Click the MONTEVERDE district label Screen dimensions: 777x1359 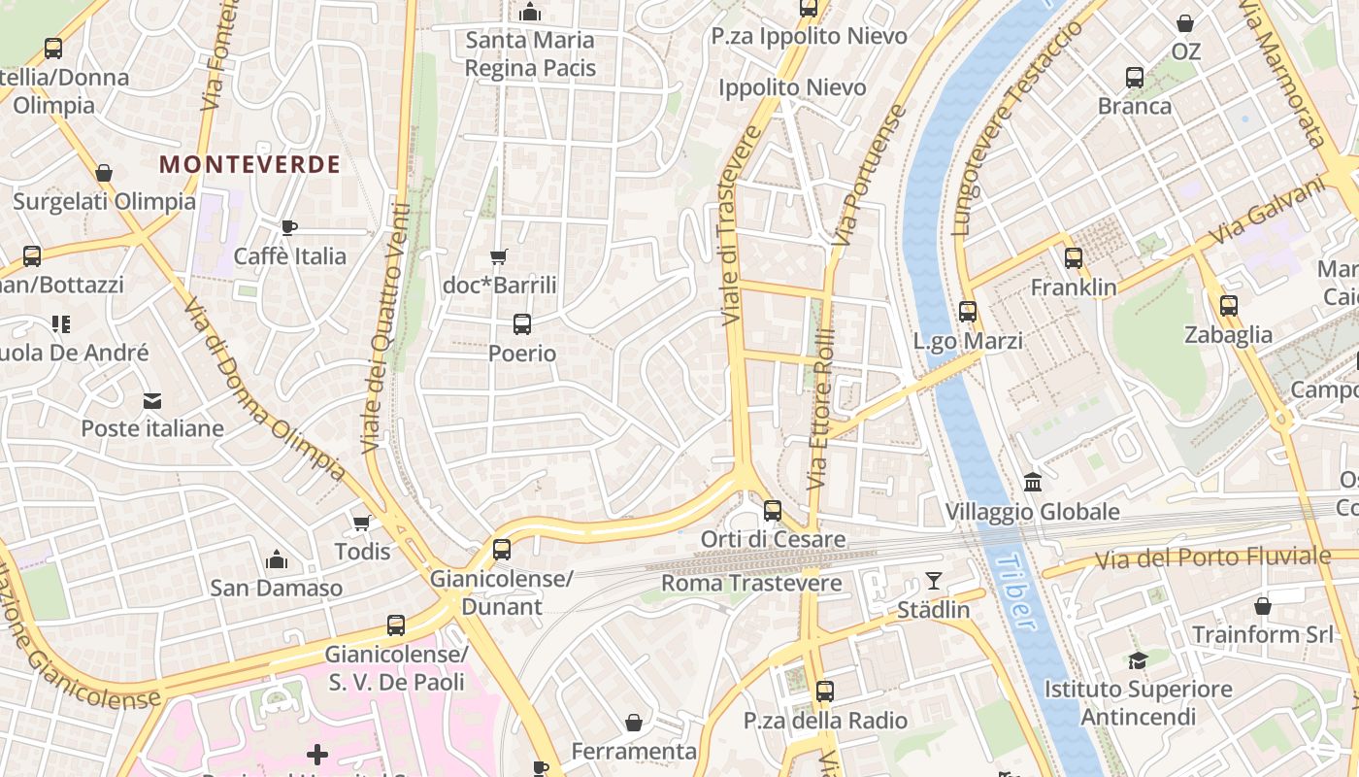click(x=249, y=164)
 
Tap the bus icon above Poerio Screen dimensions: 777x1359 click(x=522, y=324)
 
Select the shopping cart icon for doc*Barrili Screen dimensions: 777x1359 click(x=499, y=257)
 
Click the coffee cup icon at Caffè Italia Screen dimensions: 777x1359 click(x=288, y=227)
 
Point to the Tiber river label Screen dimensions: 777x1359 click(x=1012, y=592)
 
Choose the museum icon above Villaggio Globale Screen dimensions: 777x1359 click(x=1033, y=482)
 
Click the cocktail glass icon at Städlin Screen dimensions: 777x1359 click(x=934, y=581)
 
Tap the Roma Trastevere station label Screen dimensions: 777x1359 click(x=751, y=583)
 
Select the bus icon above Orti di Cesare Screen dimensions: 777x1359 click(x=773, y=510)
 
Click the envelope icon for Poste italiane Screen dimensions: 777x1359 click(x=152, y=400)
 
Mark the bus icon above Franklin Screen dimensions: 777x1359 click(x=1074, y=258)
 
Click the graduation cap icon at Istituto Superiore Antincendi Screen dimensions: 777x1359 click(x=1137, y=660)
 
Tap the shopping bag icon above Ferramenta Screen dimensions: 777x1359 click(x=634, y=723)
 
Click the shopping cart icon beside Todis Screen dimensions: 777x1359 click(x=362, y=524)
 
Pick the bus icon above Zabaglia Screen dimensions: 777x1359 click(x=1229, y=306)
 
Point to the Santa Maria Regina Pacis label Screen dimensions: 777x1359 click(x=529, y=54)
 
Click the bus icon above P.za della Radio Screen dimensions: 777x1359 click(x=825, y=692)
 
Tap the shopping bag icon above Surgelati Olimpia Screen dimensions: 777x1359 click(x=104, y=173)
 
